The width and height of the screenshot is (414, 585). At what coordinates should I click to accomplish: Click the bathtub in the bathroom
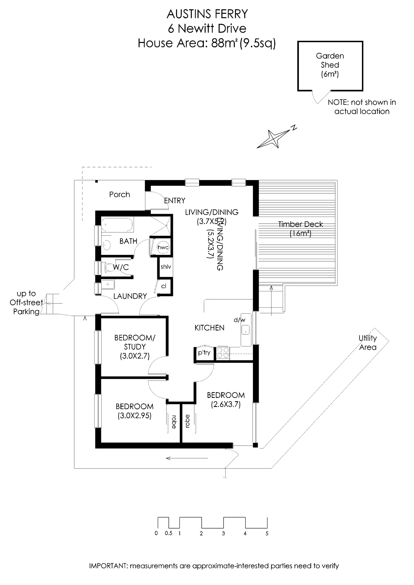[118, 225]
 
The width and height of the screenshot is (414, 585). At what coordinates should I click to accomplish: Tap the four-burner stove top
[223, 353]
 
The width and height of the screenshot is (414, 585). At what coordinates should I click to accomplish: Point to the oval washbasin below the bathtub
[107, 245]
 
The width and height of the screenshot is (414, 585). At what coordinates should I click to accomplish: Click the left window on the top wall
[192, 183]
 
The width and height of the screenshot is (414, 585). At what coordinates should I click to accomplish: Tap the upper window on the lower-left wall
[98, 348]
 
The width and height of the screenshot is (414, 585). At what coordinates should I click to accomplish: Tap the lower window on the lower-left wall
[98, 411]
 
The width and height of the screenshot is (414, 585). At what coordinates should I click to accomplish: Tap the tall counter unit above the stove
[245, 329]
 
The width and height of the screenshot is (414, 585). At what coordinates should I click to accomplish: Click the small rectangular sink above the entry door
[110, 284]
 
